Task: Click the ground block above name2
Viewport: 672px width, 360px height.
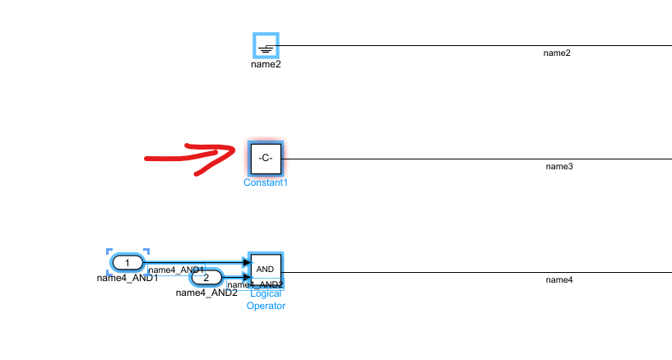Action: tap(266, 46)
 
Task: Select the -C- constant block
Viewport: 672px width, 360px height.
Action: tap(266, 157)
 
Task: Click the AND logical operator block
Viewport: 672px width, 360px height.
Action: tap(266, 269)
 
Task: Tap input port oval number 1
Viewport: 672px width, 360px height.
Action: tap(127, 262)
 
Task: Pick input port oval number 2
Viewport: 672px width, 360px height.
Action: tap(206, 277)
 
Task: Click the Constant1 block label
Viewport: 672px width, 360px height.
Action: tap(266, 182)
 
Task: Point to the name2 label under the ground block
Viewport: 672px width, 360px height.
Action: tap(266, 64)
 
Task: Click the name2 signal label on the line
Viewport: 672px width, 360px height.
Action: tap(557, 53)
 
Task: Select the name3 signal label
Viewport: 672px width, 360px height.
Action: tap(559, 167)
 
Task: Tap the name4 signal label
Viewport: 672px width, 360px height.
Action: tap(559, 280)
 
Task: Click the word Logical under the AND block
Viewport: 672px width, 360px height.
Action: tap(266, 293)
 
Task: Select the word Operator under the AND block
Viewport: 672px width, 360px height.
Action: tap(266, 306)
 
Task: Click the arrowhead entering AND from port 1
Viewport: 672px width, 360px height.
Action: tap(245, 262)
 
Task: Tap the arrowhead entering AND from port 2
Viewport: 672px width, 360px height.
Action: tap(245, 277)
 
